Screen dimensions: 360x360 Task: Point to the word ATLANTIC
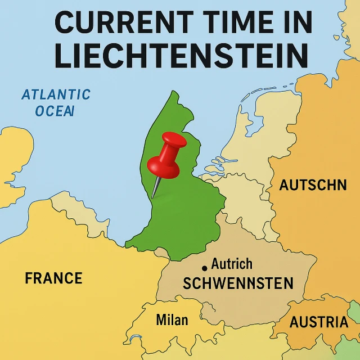pyautogui.click(x=56, y=94)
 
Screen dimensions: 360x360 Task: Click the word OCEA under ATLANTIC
pyautogui.click(x=54, y=111)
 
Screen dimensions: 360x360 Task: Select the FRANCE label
pyautogui.click(x=53, y=278)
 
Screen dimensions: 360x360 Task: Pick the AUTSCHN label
pyautogui.click(x=313, y=185)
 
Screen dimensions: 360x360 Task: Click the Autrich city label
pyautogui.click(x=232, y=264)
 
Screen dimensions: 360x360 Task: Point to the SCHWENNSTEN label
pyautogui.click(x=238, y=283)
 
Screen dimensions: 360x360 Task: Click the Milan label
pyautogui.click(x=172, y=320)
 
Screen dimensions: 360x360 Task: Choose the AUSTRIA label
pyautogui.click(x=318, y=322)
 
